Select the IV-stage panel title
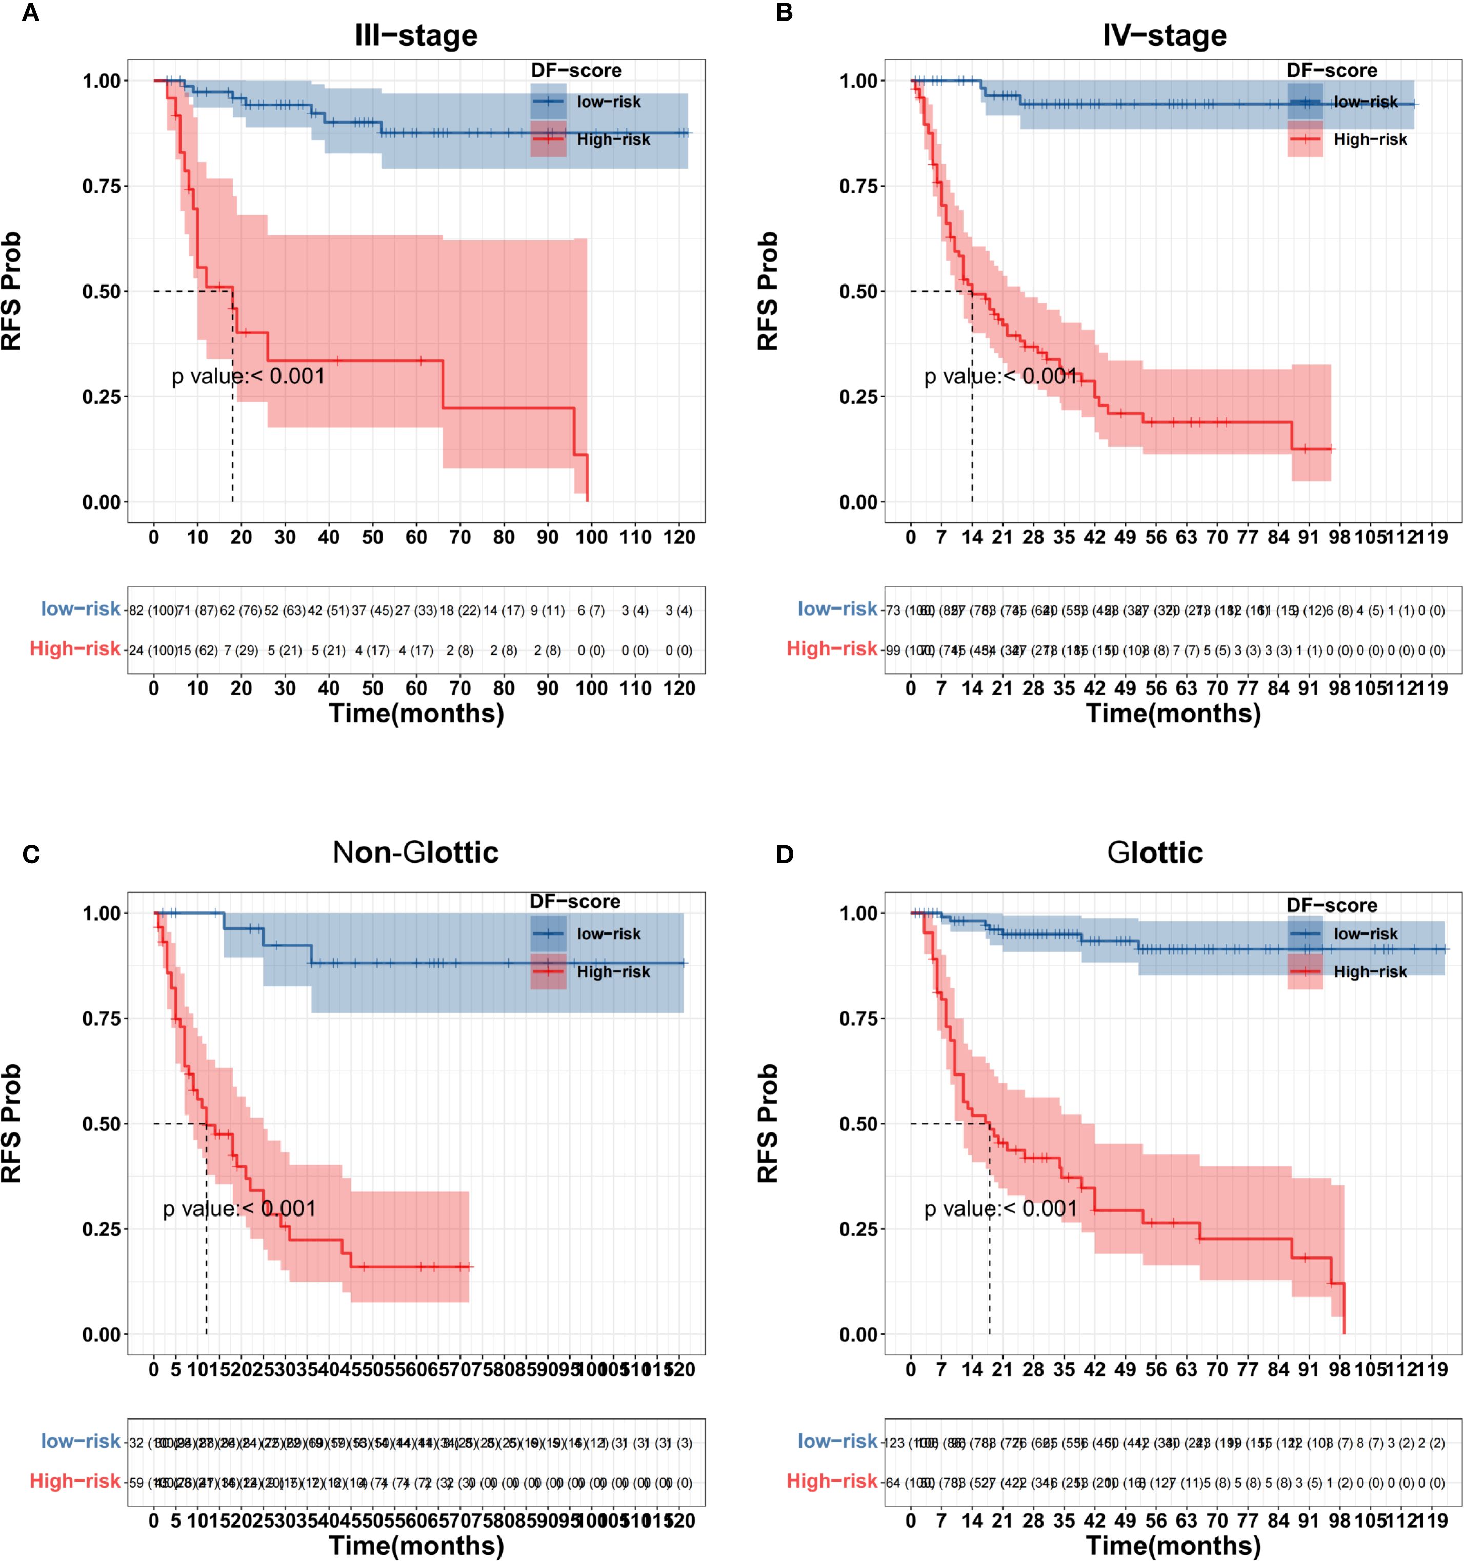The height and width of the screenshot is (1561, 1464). pos(1164,35)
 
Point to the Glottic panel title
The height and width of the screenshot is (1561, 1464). pos(1155,852)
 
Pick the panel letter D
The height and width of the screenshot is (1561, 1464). pos(785,854)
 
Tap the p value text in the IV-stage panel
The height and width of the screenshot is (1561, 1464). pos(1000,377)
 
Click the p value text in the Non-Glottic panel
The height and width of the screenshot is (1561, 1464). pos(239,1208)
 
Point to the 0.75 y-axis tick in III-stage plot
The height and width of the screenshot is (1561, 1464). pos(102,186)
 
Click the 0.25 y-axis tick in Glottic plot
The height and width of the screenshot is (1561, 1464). pos(858,1229)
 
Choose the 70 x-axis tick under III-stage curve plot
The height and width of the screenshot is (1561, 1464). pos(460,538)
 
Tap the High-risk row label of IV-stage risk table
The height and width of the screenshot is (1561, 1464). pos(832,648)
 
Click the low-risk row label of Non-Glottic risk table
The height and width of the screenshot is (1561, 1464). pos(81,1441)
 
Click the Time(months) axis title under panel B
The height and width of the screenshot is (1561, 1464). pos(1173,713)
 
